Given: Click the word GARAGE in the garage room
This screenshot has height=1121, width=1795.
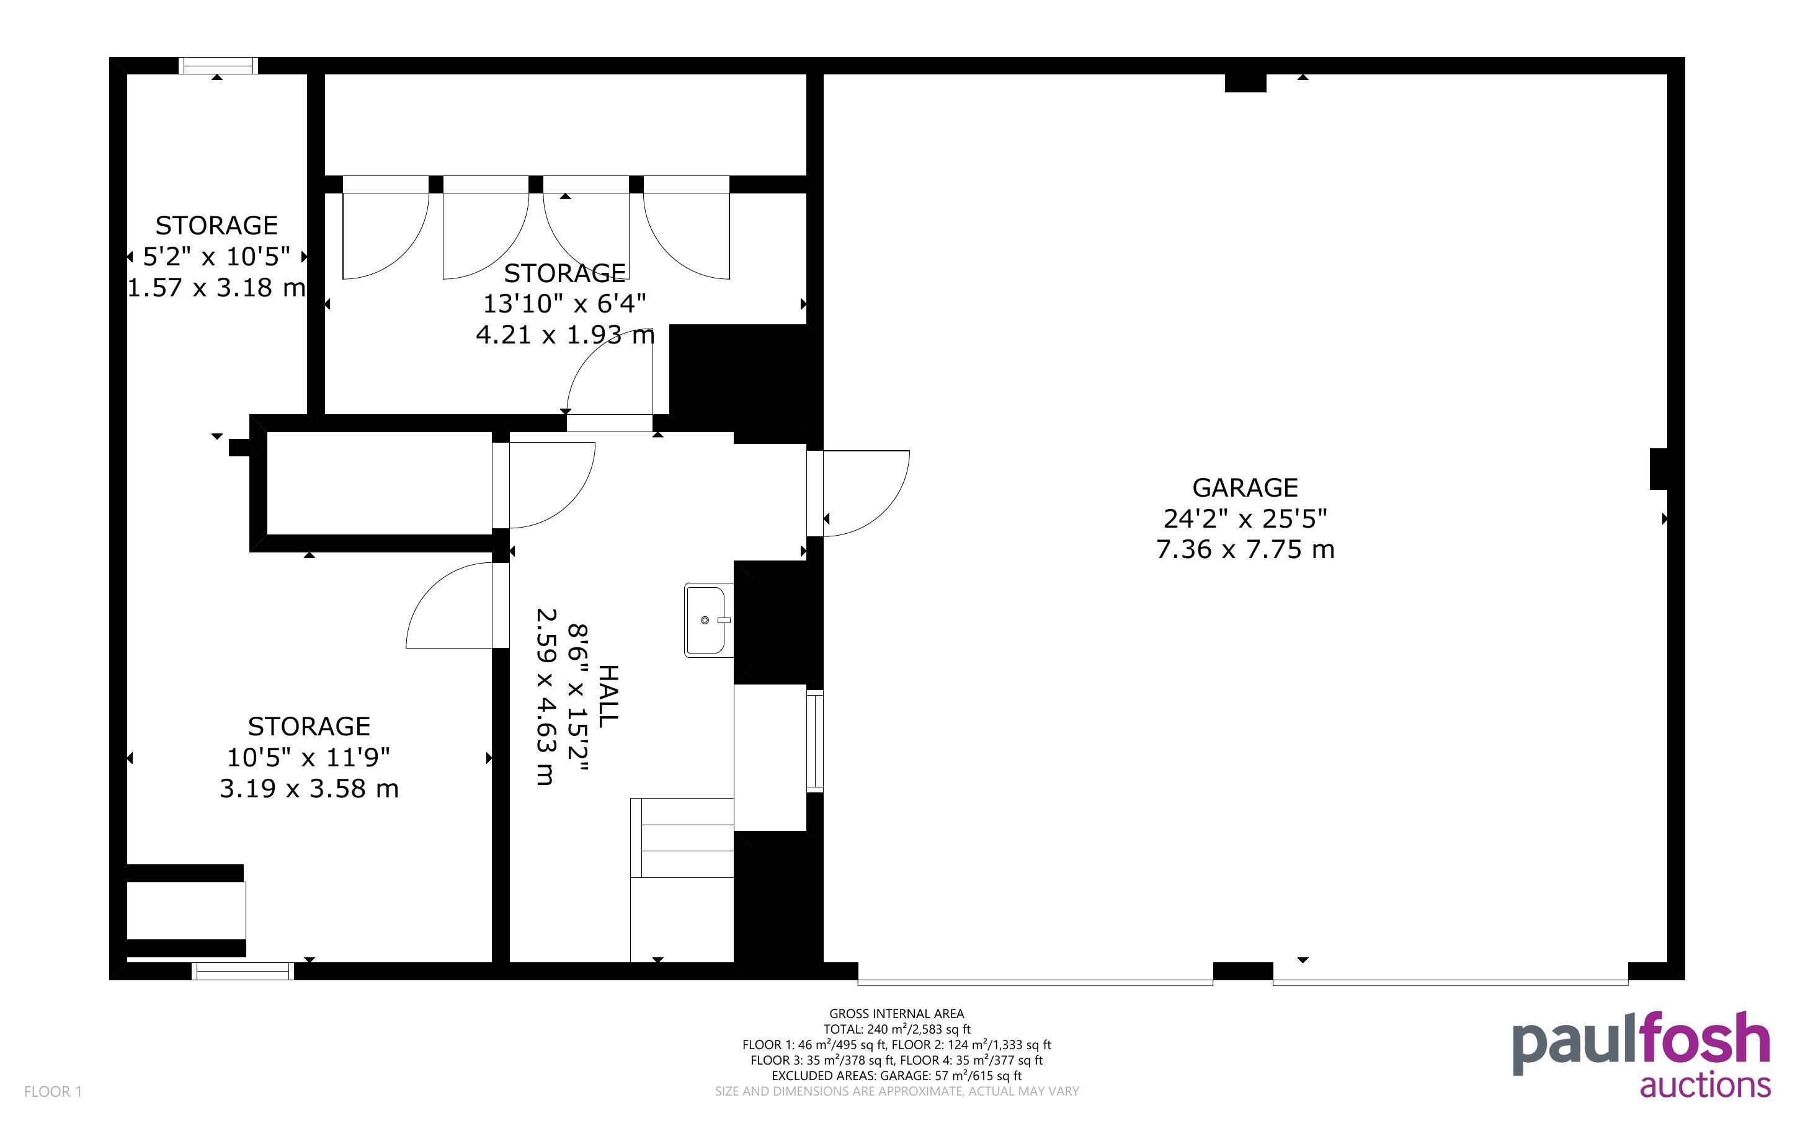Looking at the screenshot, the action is pos(1245,487).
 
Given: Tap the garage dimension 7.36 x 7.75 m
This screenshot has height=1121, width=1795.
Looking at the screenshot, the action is pos(1245,549).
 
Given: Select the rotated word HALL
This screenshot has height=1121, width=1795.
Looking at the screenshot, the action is pos(608,696).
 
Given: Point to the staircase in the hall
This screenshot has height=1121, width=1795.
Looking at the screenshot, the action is pos(682,879).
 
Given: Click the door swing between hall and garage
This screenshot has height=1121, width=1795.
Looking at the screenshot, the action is pos(866,493).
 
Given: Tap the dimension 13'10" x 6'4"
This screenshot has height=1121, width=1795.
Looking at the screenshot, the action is pos(564,304).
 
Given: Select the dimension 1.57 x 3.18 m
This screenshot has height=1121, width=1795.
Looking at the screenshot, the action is pos(216,288).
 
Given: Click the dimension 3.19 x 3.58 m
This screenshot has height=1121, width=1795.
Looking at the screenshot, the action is pos(309,788).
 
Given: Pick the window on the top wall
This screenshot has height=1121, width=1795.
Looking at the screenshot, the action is pos(219,65).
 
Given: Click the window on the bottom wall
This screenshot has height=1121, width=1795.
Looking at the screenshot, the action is pos(243,970).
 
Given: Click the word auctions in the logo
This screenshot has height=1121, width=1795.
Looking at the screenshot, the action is pos(1705,1086).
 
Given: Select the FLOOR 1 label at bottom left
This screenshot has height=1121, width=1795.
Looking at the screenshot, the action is pos(53,1091).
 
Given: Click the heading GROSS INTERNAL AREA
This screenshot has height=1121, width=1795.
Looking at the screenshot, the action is pos(896,1014).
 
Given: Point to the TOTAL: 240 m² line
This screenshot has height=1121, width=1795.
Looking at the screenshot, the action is pos(896,1029).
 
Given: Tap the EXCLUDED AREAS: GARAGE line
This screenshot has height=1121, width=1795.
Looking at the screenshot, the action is pos(896,1075).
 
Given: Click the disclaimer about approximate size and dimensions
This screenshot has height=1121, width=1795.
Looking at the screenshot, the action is pos(896,1091).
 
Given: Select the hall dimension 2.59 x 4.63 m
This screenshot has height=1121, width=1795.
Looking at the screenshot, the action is pos(546,696).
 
